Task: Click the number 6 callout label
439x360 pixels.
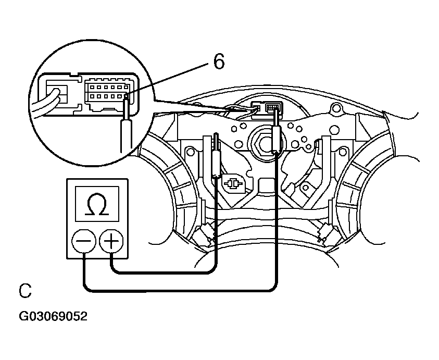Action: click(x=219, y=61)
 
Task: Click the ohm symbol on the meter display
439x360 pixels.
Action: click(x=97, y=204)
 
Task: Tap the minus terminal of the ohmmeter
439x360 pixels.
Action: click(x=84, y=241)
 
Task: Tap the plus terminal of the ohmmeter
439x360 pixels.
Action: click(x=111, y=241)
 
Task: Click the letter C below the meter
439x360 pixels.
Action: click(x=25, y=291)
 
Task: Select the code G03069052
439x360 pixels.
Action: click(x=53, y=316)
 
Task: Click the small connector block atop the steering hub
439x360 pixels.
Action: click(x=267, y=107)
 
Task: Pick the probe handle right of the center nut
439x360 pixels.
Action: click(x=276, y=139)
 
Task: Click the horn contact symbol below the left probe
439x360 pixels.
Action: click(x=232, y=184)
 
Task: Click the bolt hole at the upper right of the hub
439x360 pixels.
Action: click(x=334, y=107)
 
